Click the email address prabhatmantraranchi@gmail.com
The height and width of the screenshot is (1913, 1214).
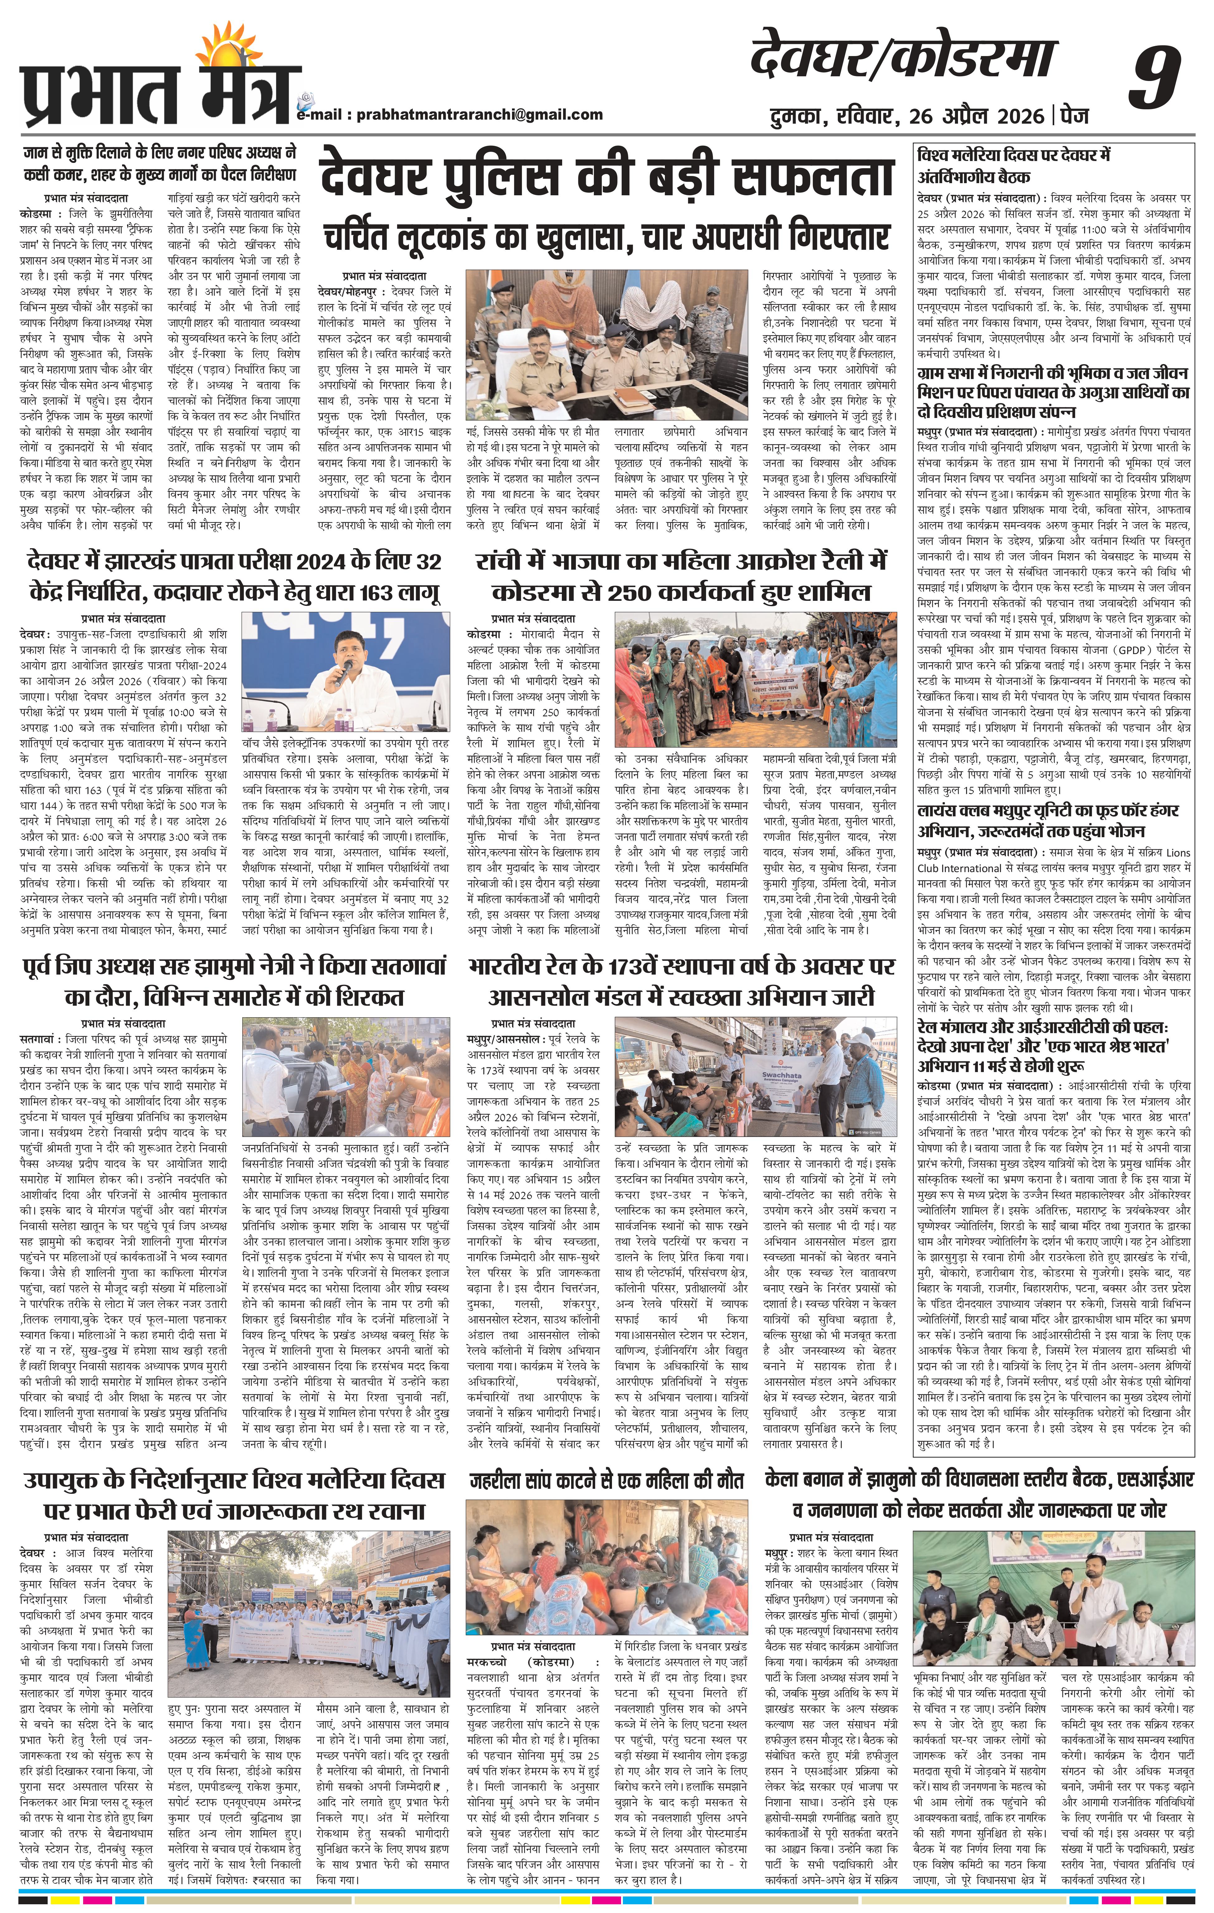479,114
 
